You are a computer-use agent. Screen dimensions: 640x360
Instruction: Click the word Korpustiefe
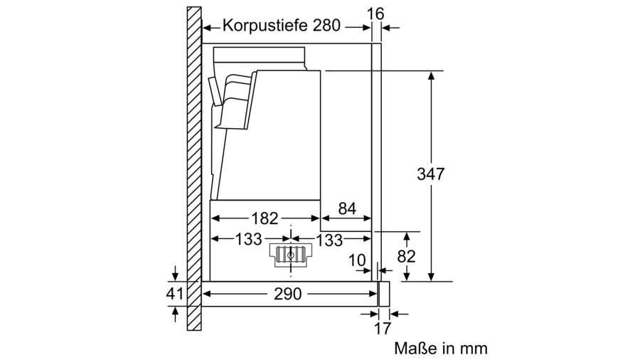[265, 26]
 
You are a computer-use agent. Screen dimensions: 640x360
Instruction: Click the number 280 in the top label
[326, 26]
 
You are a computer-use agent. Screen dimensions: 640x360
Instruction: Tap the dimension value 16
[375, 14]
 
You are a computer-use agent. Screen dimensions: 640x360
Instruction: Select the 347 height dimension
[431, 174]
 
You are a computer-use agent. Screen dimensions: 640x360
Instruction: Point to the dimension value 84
[347, 208]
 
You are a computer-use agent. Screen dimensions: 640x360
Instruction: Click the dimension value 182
[265, 218]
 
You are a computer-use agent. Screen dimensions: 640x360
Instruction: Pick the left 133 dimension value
[248, 239]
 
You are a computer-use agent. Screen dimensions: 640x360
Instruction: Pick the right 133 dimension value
[329, 240]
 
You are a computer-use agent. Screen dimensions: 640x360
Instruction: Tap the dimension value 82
[406, 256]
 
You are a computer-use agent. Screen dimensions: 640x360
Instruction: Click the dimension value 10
[357, 260]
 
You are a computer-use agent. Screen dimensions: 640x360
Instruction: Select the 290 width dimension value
[288, 293]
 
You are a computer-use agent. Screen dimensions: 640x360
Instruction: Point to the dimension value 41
[175, 293]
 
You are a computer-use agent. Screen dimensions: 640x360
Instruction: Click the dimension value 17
[383, 328]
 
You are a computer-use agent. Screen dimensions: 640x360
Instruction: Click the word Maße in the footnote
[415, 348]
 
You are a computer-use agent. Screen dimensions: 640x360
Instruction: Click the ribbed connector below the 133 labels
[290, 255]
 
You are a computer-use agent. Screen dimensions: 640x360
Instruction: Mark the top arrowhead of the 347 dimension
[431, 75]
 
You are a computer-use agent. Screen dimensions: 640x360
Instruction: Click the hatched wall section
[194, 169]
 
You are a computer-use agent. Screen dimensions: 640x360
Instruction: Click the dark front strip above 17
[384, 293]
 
